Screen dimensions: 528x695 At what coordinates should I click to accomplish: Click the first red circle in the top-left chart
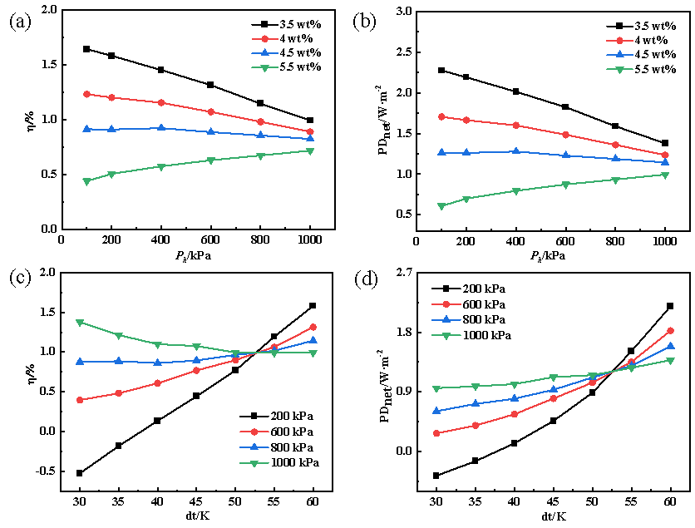tap(86, 94)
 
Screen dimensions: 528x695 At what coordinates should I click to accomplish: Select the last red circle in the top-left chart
tap(310, 131)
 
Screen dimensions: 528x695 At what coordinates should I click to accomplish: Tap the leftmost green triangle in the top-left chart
tap(86, 181)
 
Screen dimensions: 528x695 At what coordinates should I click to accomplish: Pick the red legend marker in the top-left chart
tap(265, 39)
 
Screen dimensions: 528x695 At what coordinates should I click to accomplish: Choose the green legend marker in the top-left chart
tap(265, 68)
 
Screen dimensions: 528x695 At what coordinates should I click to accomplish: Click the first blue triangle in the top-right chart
tap(441, 152)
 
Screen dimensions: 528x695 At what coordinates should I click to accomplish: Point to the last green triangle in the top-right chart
tap(665, 175)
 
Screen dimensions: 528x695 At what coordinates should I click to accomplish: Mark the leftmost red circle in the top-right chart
tap(441, 116)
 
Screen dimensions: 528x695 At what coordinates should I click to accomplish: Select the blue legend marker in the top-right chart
tap(619, 55)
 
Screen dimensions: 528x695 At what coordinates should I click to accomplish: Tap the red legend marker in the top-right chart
tap(619, 40)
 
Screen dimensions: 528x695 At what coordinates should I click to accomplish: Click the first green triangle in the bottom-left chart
tap(80, 322)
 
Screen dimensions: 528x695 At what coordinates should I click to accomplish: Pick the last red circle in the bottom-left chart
tap(313, 327)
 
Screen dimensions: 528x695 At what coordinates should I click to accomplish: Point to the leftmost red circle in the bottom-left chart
tap(80, 400)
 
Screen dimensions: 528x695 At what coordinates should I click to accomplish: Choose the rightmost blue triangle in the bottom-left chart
tap(313, 340)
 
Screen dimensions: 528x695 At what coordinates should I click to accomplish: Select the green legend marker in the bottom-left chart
tap(254, 463)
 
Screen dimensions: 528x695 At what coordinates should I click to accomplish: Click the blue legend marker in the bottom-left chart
tap(254, 447)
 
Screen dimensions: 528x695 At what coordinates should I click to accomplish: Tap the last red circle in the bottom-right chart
tap(670, 331)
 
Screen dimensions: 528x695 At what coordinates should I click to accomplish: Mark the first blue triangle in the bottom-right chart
tap(436, 411)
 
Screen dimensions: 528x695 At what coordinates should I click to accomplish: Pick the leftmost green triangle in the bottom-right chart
tap(436, 388)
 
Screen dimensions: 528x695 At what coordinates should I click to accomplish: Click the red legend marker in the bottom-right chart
tap(446, 304)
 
